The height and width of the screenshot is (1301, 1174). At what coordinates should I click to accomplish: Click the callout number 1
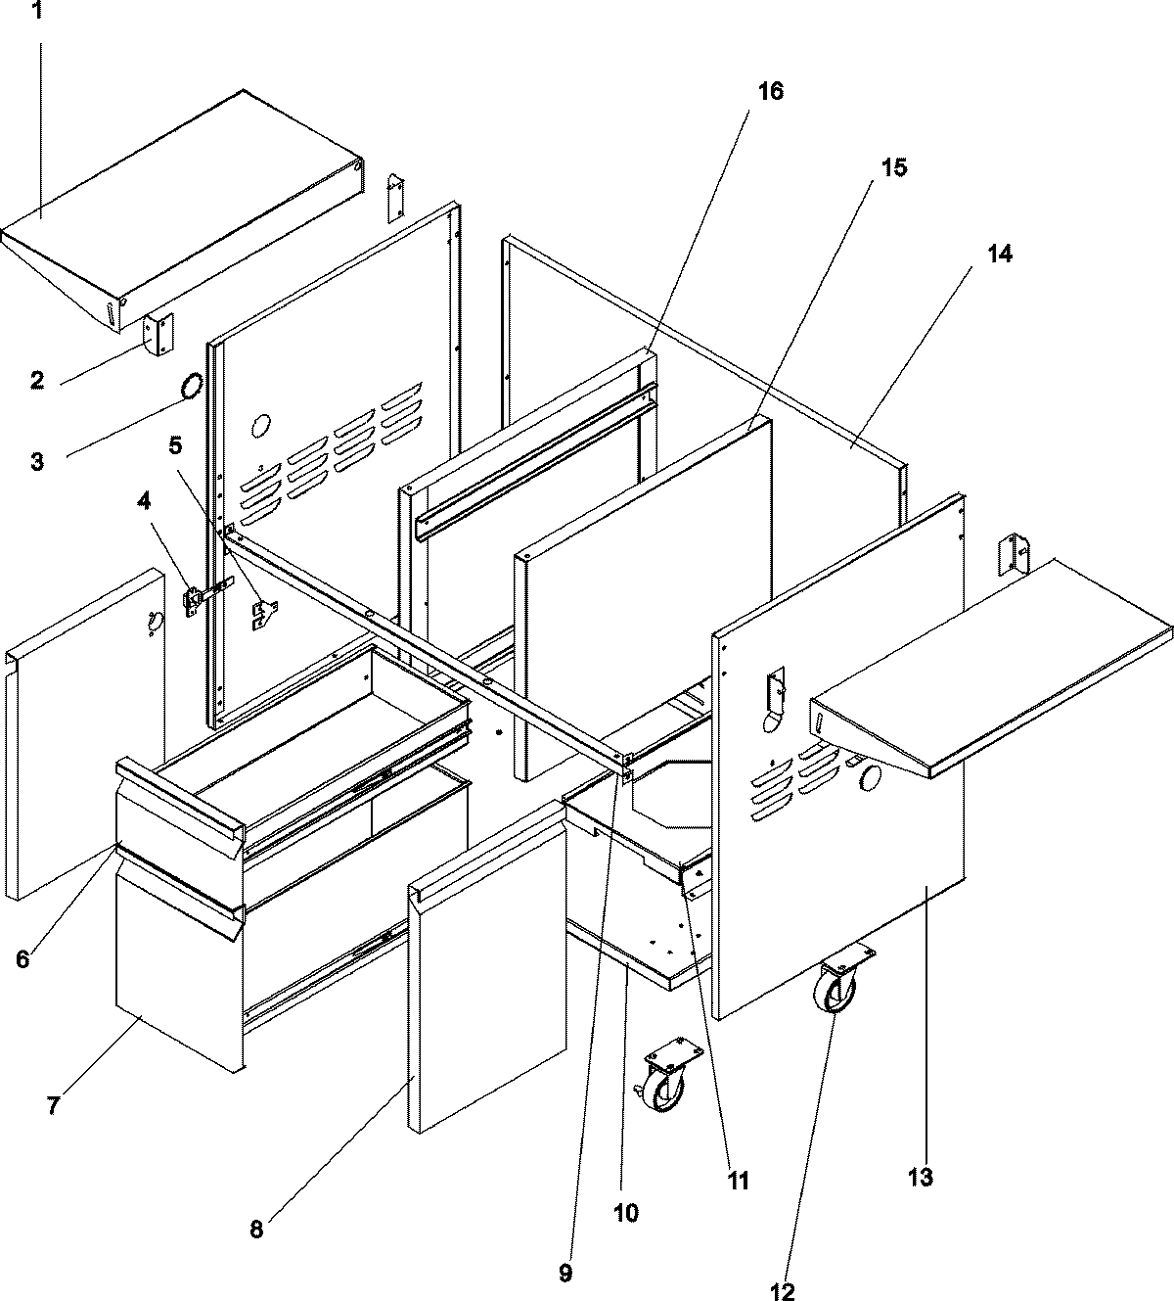point(38,12)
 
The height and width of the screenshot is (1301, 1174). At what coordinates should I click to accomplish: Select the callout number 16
point(770,91)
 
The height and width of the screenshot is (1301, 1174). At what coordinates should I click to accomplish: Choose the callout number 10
point(625,1213)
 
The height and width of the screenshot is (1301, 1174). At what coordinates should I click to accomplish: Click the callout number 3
point(37,461)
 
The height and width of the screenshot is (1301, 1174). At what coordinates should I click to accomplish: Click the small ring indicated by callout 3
point(193,386)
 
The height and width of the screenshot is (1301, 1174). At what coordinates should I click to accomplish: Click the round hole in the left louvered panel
point(261,427)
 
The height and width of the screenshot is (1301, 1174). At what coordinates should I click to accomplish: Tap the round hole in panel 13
point(869,778)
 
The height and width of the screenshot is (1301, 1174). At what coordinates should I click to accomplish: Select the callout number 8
point(256,1229)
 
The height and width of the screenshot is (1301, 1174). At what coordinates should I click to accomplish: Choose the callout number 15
point(892,167)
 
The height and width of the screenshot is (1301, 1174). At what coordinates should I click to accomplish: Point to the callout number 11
point(737,1180)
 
